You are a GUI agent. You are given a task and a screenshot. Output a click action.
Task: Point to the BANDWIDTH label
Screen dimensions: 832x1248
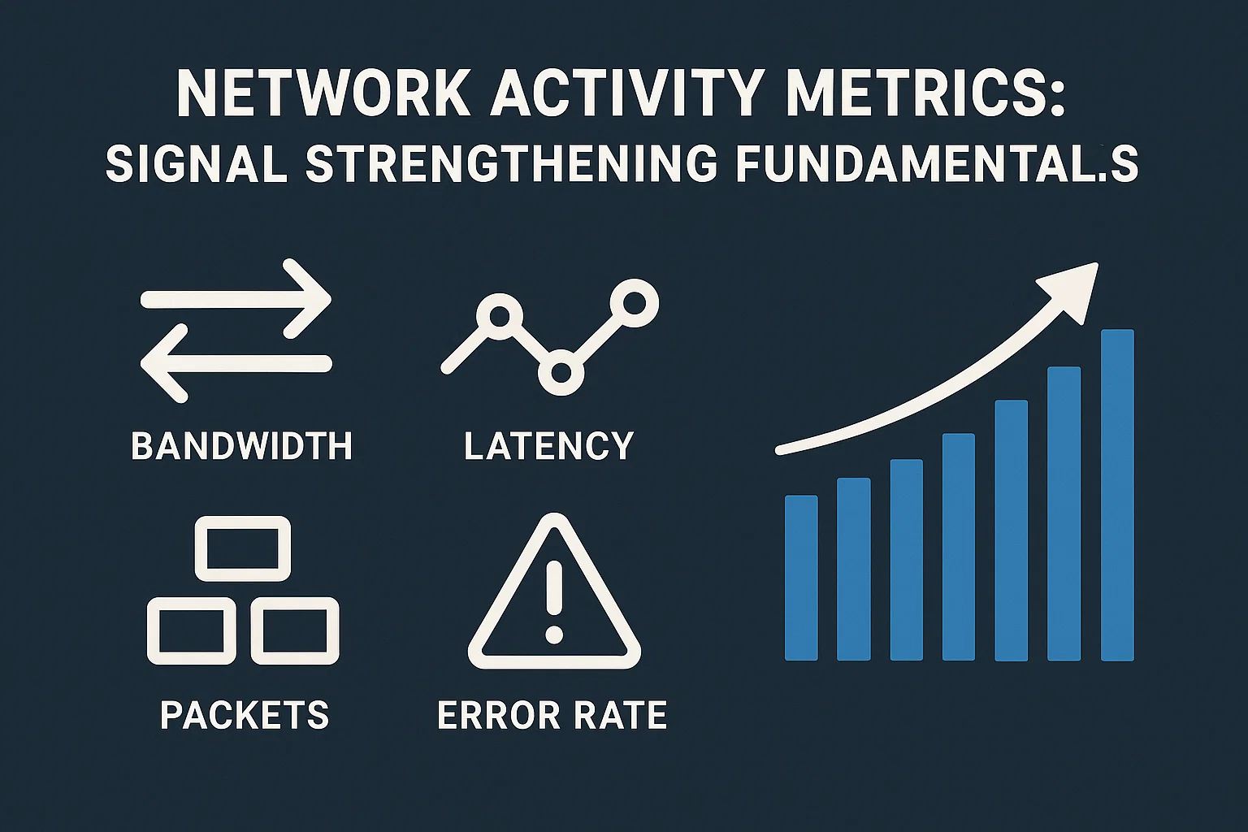click(242, 446)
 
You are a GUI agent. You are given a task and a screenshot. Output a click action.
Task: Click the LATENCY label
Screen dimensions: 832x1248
click(549, 446)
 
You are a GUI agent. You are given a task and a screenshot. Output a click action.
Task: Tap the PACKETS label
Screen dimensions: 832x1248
click(245, 715)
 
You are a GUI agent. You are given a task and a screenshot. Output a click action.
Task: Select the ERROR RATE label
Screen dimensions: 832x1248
click(552, 715)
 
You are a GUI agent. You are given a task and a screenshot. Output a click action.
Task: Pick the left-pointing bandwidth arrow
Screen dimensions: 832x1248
click(236, 363)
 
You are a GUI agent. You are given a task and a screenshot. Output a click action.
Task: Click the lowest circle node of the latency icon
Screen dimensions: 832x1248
click(561, 373)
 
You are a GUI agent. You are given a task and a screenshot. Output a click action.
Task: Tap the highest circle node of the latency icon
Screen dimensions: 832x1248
click(635, 303)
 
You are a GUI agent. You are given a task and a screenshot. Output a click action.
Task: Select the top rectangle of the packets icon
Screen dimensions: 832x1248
click(243, 548)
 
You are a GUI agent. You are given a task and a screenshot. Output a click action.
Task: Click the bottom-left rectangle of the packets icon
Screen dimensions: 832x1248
click(192, 630)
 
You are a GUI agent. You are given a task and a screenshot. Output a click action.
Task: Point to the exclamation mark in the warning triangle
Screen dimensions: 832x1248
click(555, 601)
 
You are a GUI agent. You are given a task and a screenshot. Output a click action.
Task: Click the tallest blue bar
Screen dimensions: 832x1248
click(1117, 495)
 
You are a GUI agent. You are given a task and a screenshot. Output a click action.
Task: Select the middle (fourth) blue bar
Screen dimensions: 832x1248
click(959, 546)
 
